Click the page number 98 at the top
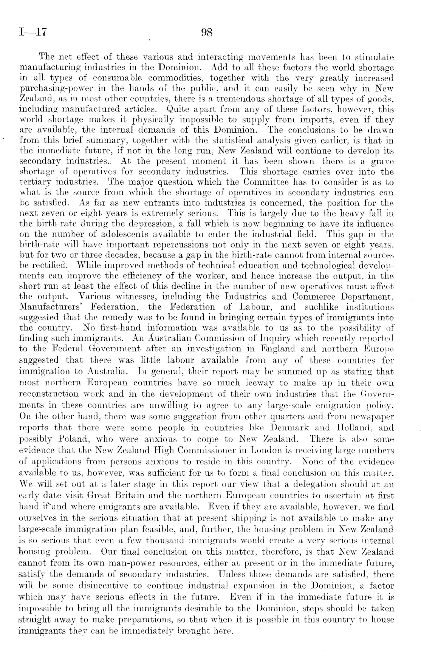tap(208, 33)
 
